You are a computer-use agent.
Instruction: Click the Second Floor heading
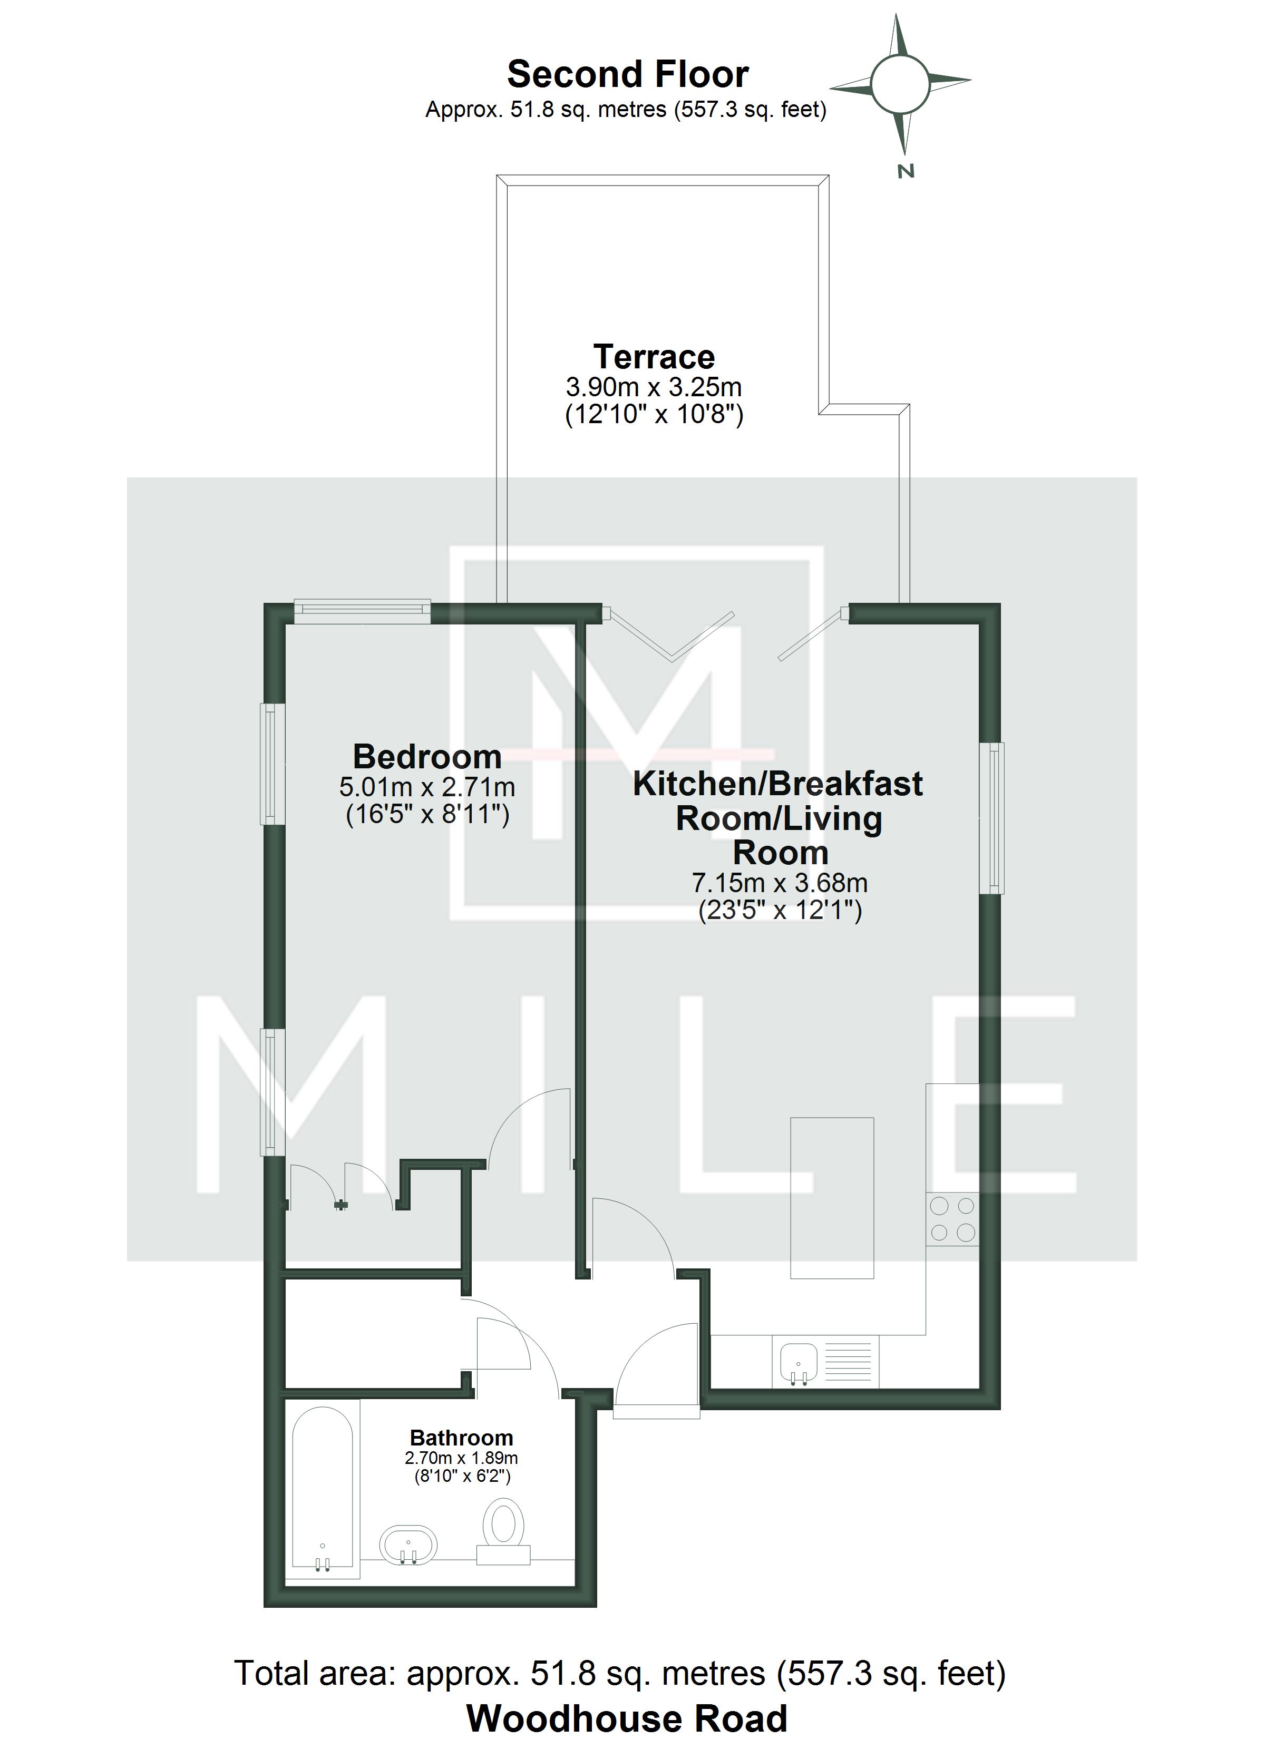point(628,74)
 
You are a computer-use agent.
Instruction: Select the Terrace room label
point(654,357)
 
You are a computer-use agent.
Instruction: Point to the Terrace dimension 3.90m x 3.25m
point(654,386)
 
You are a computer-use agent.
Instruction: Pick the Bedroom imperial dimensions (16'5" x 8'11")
point(427,814)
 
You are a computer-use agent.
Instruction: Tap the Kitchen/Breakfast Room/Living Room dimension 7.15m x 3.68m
point(780,883)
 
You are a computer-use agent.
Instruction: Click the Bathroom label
point(461,1439)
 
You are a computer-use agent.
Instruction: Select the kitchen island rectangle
point(832,1198)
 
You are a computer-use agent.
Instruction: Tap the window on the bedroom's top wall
point(362,610)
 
